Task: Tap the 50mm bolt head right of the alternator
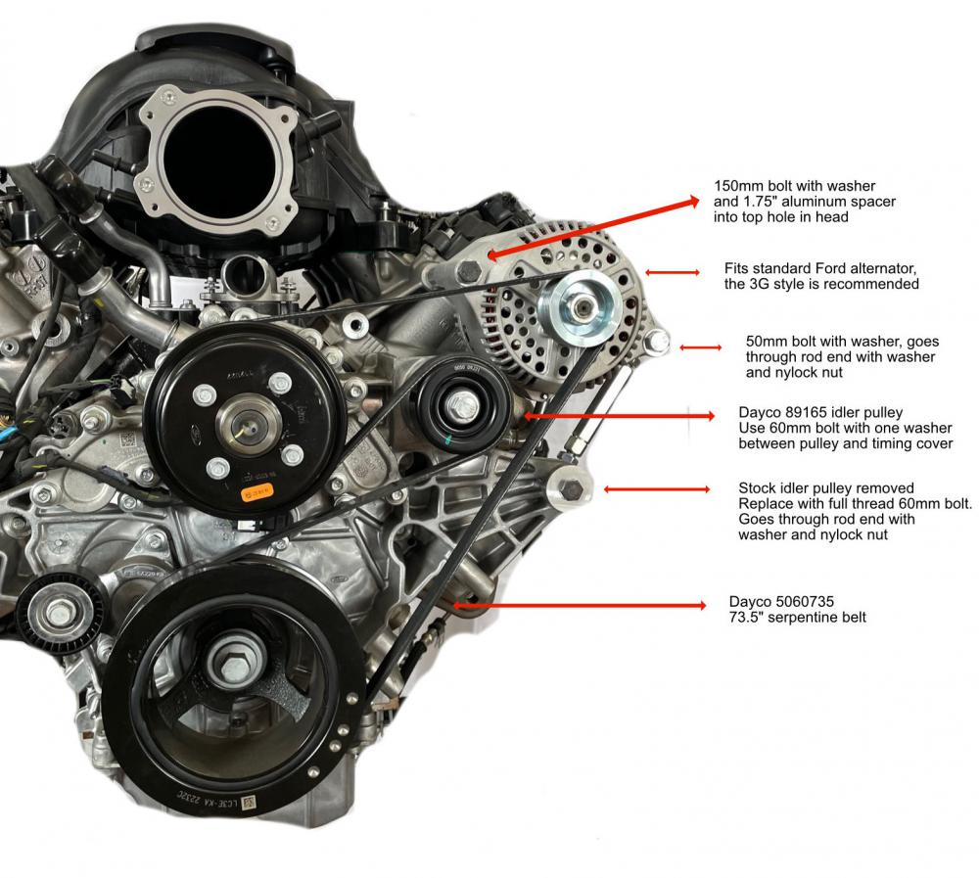click(658, 342)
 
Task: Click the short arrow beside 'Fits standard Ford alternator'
click(665, 273)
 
